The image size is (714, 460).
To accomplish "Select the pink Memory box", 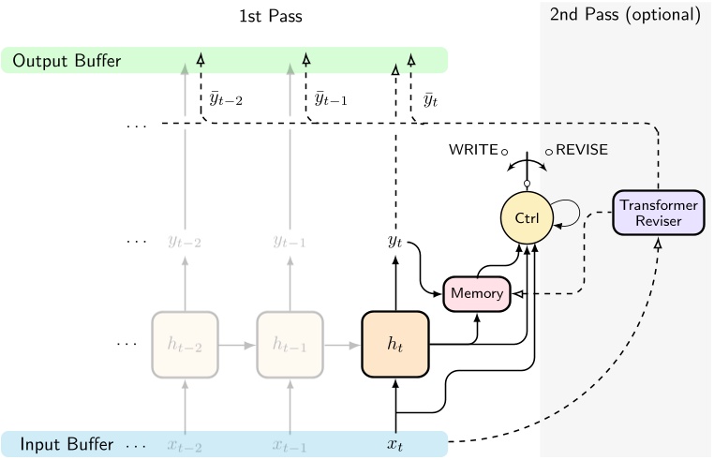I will click(x=477, y=293).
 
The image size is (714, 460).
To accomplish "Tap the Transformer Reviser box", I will click(x=657, y=212).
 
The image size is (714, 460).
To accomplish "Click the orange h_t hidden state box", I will click(x=394, y=344).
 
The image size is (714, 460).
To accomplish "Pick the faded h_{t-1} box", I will click(x=290, y=344).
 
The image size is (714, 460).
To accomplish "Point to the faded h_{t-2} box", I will click(x=185, y=344).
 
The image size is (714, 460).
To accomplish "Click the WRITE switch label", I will click(x=473, y=150).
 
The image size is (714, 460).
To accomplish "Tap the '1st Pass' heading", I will click(x=271, y=16).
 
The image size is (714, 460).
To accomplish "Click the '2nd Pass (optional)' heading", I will click(x=626, y=16).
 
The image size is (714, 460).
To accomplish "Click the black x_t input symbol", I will click(x=394, y=444).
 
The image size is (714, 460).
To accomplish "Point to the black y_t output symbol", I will click(x=394, y=242).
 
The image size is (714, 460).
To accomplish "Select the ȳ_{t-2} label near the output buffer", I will click(x=226, y=99).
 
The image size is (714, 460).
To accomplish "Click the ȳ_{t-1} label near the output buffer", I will click(x=331, y=99).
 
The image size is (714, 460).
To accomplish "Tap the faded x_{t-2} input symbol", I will click(x=185, y=444).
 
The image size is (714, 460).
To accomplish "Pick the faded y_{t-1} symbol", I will click(x=290, y=242).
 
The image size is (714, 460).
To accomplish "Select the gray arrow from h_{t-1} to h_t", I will click(x=342, y=344).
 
